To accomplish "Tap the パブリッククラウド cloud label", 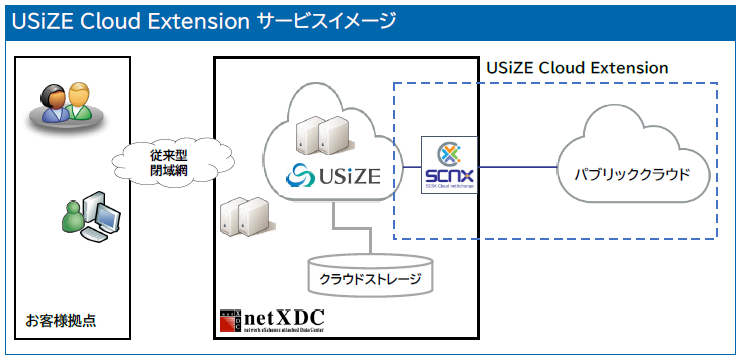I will point(631,173).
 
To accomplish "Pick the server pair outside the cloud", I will point(244,214).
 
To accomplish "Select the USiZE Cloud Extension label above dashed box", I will point(576,67).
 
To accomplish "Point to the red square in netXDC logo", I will point(231,321).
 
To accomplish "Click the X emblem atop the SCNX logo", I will point(448,153).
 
